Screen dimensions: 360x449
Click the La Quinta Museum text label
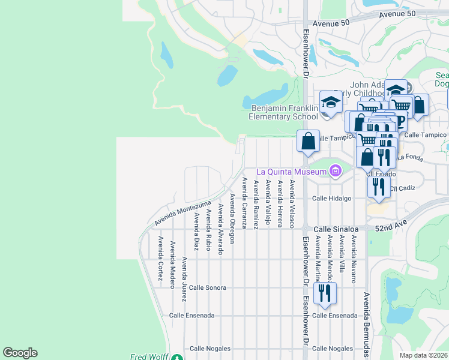pos(292,173)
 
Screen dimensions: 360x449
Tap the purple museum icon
pos(335,172)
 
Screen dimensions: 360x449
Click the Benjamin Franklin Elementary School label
pos(284,112)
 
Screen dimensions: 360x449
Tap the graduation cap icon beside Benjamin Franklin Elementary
pos(330,101)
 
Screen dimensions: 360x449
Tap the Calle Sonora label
pos(207,287)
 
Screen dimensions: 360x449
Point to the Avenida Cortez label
pos(160,253)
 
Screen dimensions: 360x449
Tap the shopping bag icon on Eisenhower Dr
pos(308,142)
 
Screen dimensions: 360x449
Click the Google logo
pos(20,353)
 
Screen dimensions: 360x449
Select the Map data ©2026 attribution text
pos(423,355)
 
